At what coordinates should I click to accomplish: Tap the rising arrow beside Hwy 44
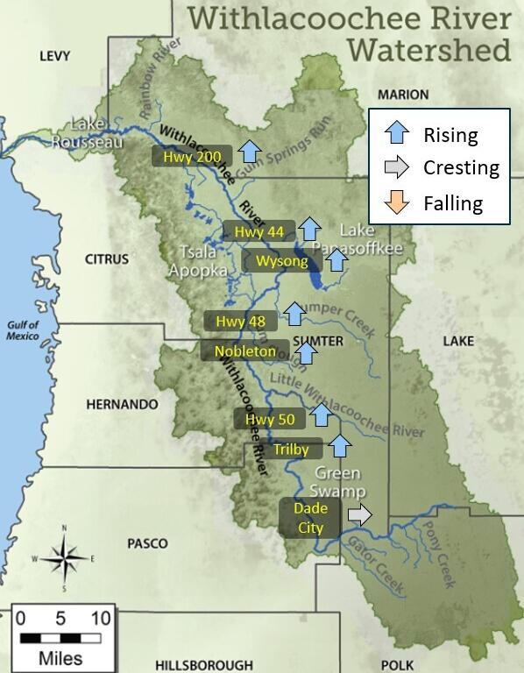(309, 230)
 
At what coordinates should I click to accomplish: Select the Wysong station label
(282, 261)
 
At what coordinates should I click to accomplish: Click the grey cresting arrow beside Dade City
(358, 515)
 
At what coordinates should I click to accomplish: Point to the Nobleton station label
(244, 351)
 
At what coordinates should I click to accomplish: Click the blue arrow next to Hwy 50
(322, 414)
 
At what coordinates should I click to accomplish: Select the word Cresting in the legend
(461, 168)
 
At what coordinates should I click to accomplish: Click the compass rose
(63, 557)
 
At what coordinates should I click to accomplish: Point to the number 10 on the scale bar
(100, 619)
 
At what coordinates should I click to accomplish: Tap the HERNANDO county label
(123, 405)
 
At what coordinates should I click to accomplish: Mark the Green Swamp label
(337, 482)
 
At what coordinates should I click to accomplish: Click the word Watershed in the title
(428, 49)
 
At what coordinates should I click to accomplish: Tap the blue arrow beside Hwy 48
(294, 313)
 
